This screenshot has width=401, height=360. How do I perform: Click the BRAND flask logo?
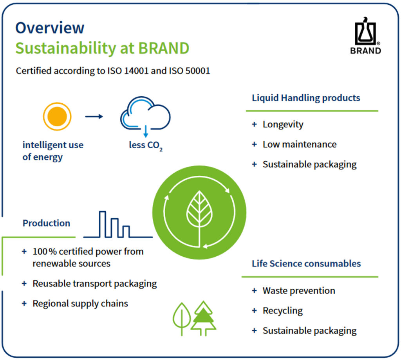click(365, 36)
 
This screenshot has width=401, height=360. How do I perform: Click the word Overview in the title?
click(50, 28)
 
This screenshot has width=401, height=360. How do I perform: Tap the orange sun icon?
click(57, 117)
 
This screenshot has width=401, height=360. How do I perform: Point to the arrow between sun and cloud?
click(94, 117)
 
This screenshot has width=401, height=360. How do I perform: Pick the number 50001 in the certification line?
click(198, 71)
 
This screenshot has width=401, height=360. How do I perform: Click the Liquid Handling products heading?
click(306, 98)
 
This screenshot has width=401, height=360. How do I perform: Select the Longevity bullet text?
click(283, 125)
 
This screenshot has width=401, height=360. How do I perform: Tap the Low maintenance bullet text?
click(300, 144)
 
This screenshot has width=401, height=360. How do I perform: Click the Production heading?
click(46, 223)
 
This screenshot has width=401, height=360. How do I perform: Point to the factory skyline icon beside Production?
click(118, 225)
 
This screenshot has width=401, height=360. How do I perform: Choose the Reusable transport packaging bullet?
click(95, 284)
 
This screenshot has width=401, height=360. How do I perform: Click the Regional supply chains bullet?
click(80, 304)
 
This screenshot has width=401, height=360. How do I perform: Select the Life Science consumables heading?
click(306, 263)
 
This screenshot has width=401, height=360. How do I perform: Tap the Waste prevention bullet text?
click(299, 291)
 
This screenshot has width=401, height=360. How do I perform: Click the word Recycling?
click(283, 311)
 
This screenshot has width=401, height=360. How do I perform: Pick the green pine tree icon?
click(204, 319)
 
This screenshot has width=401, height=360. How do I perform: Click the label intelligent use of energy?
click(53, 151)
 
